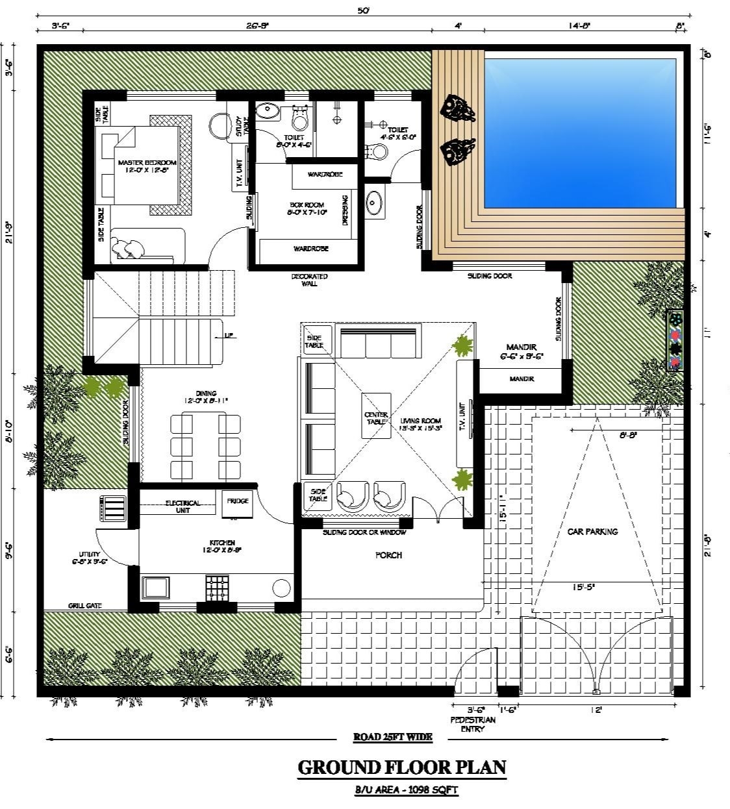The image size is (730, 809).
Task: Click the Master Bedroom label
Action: point(146,166)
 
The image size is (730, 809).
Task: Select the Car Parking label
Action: point(592,531)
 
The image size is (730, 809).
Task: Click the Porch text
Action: point(388,555)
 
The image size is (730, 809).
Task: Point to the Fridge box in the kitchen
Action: point(238,502)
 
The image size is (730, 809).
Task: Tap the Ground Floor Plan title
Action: point(401,767)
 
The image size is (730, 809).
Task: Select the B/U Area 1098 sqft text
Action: point(401,790)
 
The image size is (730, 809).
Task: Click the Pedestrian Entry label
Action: point(473,724)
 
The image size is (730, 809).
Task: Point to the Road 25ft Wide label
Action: point(392,737)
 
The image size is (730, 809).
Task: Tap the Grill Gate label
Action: point(85,606)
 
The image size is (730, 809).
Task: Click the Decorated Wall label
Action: point(309,280)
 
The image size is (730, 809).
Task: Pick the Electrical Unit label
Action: point(182,506)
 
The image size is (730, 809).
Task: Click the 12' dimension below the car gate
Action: point(596,710)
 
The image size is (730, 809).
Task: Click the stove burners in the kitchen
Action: point(217,587)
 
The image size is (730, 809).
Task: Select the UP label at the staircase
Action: point(229,336)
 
